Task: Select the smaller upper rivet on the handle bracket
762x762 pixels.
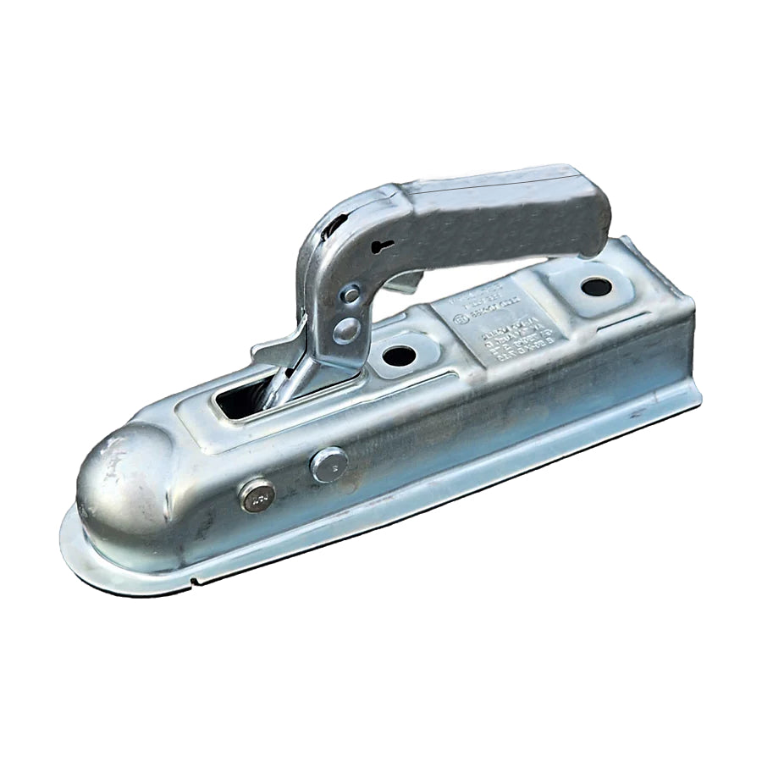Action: (350, 294)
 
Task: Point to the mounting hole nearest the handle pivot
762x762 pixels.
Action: (399, 355)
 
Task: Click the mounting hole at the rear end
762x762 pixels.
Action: (596, 286)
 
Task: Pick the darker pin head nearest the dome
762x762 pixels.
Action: (257, 495)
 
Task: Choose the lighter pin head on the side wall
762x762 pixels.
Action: (329, 464)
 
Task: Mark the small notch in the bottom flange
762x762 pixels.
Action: (193, 581)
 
